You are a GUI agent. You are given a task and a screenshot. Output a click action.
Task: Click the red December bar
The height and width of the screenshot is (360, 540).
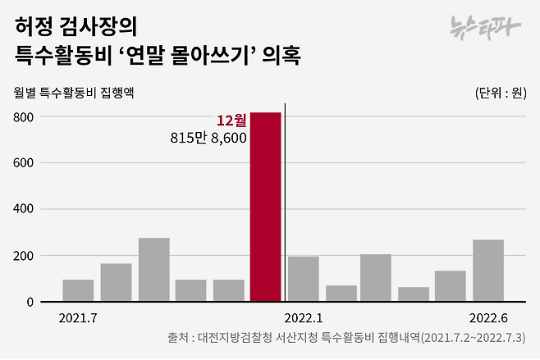pyautogui.click(x=265, y=207)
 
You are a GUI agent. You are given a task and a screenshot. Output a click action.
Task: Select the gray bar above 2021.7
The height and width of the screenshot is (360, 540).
pyautogui.click(x=78, y=290)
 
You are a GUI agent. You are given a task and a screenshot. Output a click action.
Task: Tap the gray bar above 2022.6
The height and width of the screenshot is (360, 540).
pyautogui.click(x=488, y=271)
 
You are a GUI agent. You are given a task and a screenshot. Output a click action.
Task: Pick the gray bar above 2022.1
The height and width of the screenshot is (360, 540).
pyautogui.click(x=303, y=279)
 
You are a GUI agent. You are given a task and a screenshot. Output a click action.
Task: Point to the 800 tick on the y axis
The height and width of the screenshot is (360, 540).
pyautogui.click(x=22, y=117)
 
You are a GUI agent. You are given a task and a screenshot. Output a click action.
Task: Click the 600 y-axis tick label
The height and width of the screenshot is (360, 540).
pyautogui.click(x=22, y=163)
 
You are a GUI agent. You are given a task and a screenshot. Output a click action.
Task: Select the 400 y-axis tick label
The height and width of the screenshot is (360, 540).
pyautogui.click(x=22, y=209)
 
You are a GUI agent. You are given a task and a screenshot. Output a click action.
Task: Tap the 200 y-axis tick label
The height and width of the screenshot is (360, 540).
pyautogui.click(x=22, y=256)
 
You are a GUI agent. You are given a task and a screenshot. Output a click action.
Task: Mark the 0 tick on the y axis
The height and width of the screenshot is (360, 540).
pyautogui.click(x=29, y=302)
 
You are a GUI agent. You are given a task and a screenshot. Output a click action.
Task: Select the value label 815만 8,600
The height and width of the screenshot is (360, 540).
pyautogui.click(x=208, y=139)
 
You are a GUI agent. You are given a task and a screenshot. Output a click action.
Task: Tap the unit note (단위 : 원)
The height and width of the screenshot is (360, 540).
pyautogui.click(x=501, y=92)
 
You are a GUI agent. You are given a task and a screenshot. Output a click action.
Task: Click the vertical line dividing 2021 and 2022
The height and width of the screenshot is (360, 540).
pyautogui.click(x=285, y=205)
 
